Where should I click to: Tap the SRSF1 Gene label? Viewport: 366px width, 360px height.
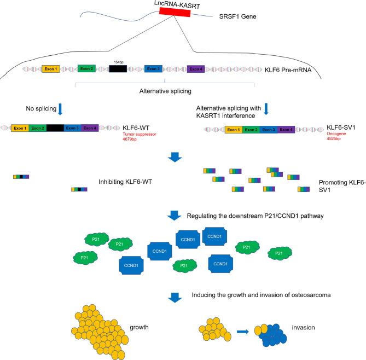click(x=239, y=17)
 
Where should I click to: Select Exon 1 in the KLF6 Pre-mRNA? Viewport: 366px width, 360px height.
click(x=51, y=69)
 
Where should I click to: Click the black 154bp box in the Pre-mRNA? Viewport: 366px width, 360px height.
click(x=118, y=69)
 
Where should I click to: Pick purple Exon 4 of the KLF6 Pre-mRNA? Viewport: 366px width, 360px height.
click(x=196, y=69)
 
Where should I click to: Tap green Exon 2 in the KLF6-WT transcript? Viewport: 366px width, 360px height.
click(x=38, y=127)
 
